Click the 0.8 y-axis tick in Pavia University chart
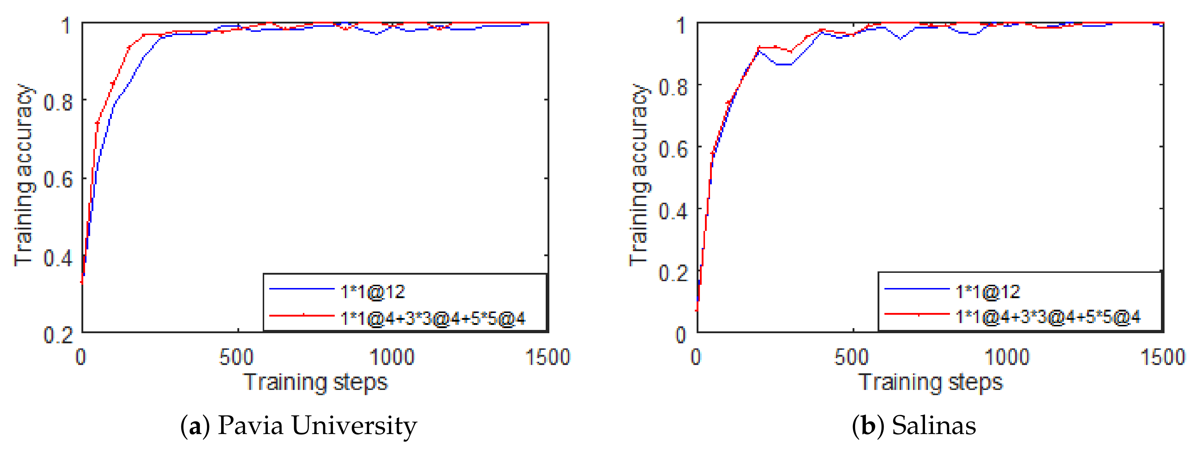pyautogui.click(x=58, y=102)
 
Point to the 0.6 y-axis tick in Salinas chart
pyautogui.click(x=673, y=149)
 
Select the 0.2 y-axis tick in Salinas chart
pyautogui.click(x=673, y=273)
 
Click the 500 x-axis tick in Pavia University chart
pyautogui.click(x=237, y=357)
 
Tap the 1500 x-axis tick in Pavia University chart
pyautogui.click(x=548, y=357)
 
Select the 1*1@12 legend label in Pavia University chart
pyautogui.click(x=373, y=292)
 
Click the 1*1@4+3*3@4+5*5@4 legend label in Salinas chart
pyautogui.click(x=1048, y=317)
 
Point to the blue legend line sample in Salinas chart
pyautogui.click(x=917, y=289)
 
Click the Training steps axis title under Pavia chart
pyautogui.click(x=316, y=383)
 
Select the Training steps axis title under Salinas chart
pyautogui.click(x=931, y=383)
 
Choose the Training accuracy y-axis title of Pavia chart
pyautogui.click(x=24, y=175)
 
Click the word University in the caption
pyautogui.click(x=354, y=425)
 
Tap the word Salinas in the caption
pyautogui.click(x=934, y=425)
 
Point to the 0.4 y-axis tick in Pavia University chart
pyautogui.click(x=58, y=257)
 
